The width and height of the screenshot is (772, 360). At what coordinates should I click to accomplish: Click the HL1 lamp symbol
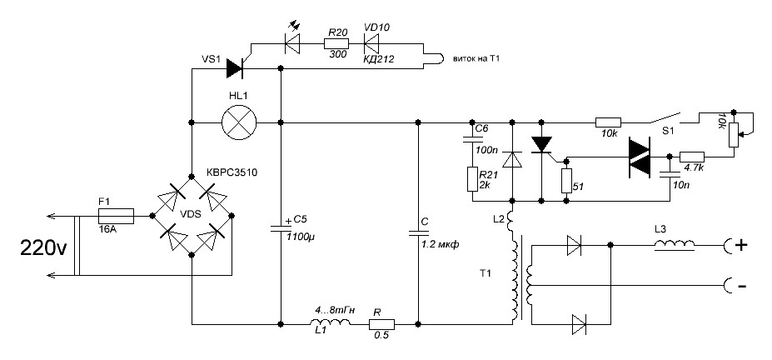[x=240, y=122]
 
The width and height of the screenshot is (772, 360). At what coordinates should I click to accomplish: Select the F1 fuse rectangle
[x=117, y=215]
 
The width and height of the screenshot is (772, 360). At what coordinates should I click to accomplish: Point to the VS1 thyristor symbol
[x=236, y=68]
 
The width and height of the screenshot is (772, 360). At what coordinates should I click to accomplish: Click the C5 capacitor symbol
[x=280, y=228]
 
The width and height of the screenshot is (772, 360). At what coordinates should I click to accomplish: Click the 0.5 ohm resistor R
[x=382, y=324]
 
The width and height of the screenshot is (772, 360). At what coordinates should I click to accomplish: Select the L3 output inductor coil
[x=675, y=245]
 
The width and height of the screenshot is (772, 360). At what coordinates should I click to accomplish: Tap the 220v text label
[x=42, y=247]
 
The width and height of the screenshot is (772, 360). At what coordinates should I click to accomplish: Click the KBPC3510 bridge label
[x=233, y=172]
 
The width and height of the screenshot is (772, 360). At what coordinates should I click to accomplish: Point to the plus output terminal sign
[x=741, y=245]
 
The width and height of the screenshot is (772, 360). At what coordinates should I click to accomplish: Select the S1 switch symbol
[x=665, y=118]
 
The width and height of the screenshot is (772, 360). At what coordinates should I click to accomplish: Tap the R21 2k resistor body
[x=471, y=179]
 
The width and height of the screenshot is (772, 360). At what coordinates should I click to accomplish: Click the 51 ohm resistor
[x=565, y=181]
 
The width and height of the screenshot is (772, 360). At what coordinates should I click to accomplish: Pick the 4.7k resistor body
[x=692, y=157]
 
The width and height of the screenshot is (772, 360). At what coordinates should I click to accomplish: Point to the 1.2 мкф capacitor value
[x=441, y=243]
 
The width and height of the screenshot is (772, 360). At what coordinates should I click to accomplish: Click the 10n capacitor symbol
[x=669, y=174]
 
